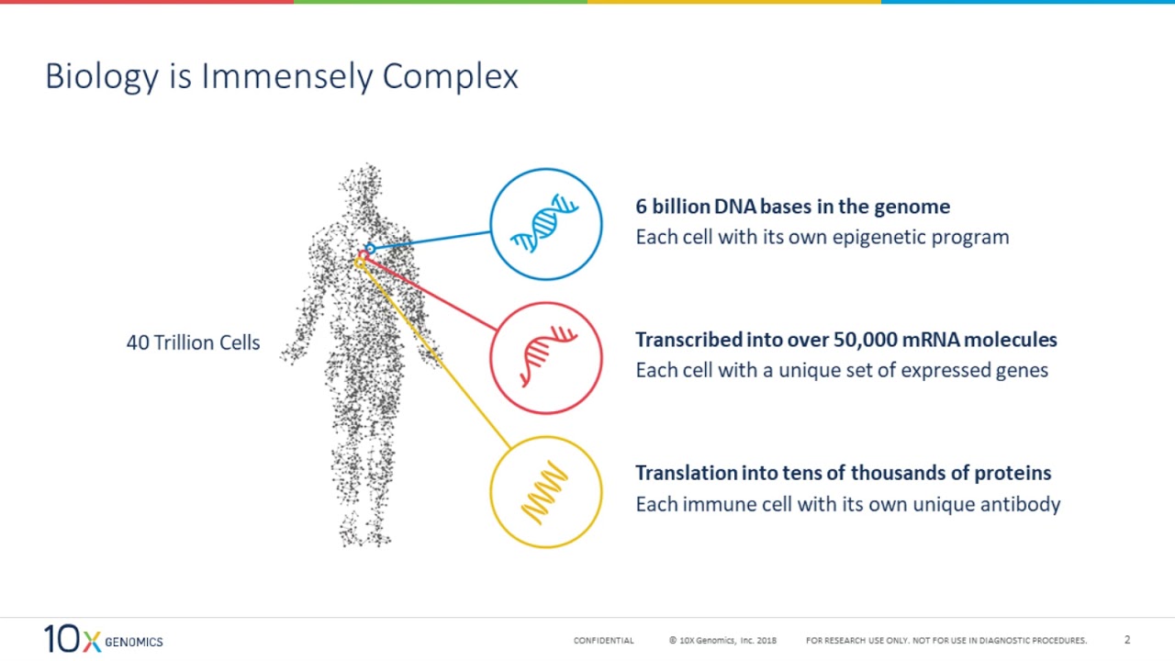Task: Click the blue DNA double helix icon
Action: tap(545, 224)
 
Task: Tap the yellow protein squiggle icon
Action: tap(545, 491)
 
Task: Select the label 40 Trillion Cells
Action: tap(193, 343)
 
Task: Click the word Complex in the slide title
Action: tap(450, 77)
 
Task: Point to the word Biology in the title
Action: tap(101, 77)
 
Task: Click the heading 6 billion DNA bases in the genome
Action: tap(792, 207)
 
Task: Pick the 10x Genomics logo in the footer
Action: tap(103, 639)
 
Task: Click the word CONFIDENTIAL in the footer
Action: tap(603, 641)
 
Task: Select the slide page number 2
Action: tap(1127, 640)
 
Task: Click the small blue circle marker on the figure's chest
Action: tap(369, 248)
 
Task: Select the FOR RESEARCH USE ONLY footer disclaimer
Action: tap(946, 641)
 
